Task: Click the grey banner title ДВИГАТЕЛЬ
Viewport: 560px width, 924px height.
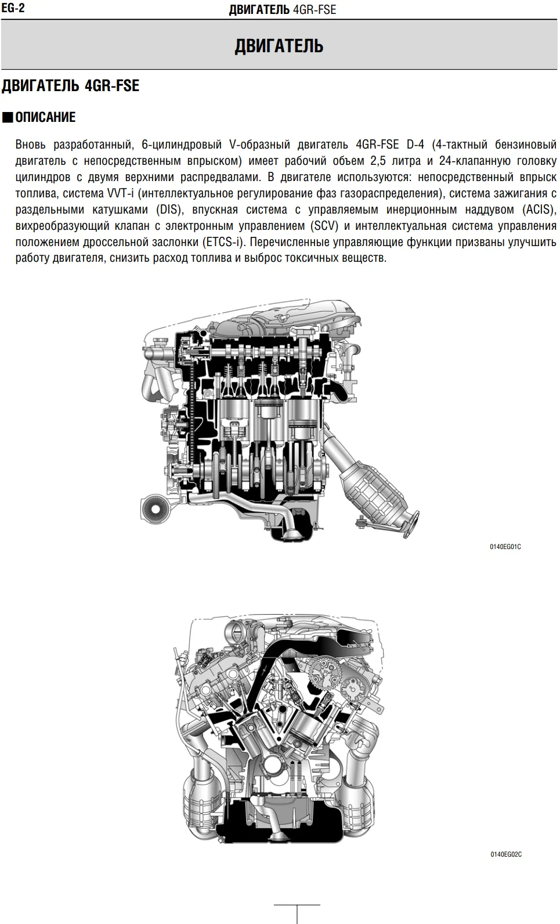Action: coord(279,46)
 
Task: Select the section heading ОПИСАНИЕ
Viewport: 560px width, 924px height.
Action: coord(45,117)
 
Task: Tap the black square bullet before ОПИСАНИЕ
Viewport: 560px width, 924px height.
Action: coord(7,118)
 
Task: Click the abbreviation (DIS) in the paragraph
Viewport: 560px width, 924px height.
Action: coord(168,210)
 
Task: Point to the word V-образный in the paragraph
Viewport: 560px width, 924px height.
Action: coord(259,145)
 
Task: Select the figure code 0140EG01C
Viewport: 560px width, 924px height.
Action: coord(505,547)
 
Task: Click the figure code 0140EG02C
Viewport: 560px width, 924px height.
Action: coord(506,854)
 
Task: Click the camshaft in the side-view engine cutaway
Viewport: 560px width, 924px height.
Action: coord(261,353)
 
